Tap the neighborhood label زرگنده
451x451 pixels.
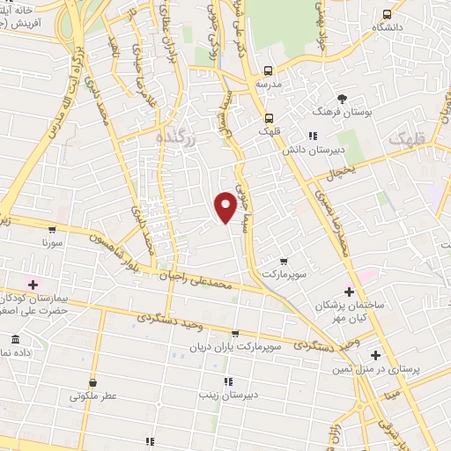click(x=173, y=137)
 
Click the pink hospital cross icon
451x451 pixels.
click(x=34, y=284)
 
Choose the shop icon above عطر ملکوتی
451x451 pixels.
click(x=92, y=382)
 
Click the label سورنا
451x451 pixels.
click(x=53, y=239)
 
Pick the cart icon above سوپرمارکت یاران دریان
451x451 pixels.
click(x=234, y=333)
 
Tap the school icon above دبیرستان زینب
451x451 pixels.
click(x=228, y=381)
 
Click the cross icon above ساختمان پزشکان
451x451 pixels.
click(x=350, y=291)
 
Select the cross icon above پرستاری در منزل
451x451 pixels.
click(x=376, y=356)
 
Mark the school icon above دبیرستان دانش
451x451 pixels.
click(x=313, y=136)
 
